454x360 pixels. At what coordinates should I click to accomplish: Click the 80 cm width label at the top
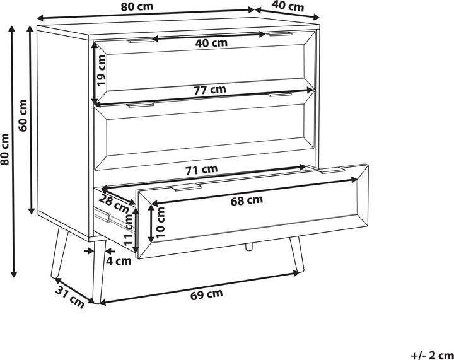pyautogui.click(x=137, y=6)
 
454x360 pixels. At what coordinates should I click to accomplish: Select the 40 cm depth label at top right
pyautogui.click(x=288, y=6)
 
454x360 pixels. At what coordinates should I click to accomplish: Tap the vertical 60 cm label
pyautogui.click(x=23, y=115)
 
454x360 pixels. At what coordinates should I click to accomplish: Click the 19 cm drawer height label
pyautogui.click(x=102, y=71)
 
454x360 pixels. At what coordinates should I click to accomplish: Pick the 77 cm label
pyautogui.click(x=209, y=90)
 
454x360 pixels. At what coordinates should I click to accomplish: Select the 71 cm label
pyautogui.click(x=201, y=170)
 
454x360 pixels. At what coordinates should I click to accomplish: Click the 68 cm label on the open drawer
pyautogui.click(x=247, y=200)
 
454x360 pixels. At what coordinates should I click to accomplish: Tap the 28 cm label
pyautogui.click(x=113, y=204)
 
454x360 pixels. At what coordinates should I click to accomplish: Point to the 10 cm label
pyautogui.click(x=160, y=223)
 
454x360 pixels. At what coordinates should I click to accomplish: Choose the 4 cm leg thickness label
pyautogui.click(x=119, y=261)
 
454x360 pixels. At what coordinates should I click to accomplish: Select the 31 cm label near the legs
pyautogui.click(x=70, y=297)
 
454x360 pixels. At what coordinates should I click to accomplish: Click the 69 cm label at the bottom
pyautogui.click(x=207, y=294)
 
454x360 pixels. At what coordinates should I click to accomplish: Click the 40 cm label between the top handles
pyautogui.click(x=211, y=43)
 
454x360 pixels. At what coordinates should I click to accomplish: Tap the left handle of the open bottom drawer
pyautogui.click(x=185, y=187)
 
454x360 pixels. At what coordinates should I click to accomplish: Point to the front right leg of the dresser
pyautogui.click(x=297, y=254)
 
